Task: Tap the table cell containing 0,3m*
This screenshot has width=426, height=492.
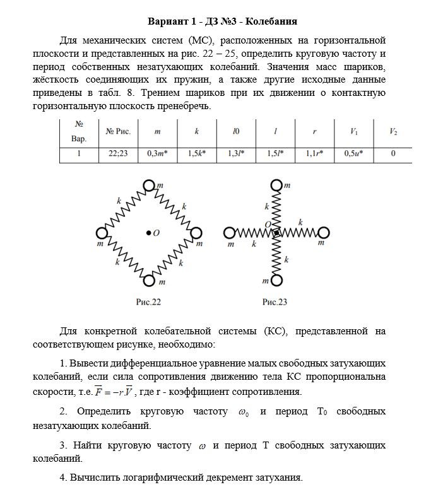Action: point(157,153)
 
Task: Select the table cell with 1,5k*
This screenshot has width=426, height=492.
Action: point(198,153)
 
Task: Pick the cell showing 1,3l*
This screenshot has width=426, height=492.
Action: point(236,153)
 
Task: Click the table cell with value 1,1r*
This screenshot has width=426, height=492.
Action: point(314,153)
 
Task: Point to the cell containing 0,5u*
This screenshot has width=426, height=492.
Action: point(353,153)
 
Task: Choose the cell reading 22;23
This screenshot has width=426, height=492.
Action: point(118,153)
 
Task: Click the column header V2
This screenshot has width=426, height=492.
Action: point(393,132)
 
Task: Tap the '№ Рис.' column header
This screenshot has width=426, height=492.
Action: point(118,132)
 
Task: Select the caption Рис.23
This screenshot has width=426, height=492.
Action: point(275,302)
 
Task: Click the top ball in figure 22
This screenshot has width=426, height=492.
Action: point(149,185)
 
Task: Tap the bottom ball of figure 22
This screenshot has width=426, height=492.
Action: point(149,281)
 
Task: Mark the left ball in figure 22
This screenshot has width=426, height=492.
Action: point(102,233)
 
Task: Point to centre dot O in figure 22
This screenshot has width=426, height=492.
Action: point(148,233)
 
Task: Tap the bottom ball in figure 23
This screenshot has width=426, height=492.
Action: point(276,281)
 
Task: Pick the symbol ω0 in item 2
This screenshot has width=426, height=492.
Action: point(242,412)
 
